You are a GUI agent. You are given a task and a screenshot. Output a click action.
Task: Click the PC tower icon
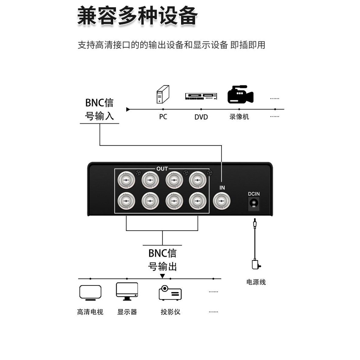click(162, 95)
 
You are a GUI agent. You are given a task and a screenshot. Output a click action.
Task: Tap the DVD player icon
click(201, 96)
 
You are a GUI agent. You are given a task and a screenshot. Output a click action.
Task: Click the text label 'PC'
click(163, 117)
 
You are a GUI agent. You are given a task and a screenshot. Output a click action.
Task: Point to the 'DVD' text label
click(201, 117)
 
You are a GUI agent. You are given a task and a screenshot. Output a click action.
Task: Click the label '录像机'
click(239, 117)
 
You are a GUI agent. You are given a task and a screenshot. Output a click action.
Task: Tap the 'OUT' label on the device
click(162, 169)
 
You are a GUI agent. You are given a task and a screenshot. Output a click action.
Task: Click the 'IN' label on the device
click(222, 188)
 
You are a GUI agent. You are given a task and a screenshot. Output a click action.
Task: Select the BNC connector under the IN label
click(222, 201)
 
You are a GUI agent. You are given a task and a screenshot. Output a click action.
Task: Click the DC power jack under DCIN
click(254, 204)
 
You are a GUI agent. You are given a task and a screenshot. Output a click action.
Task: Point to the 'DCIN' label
click(254, 194)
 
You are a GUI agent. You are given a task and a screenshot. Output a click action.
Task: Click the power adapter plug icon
click(256, 264)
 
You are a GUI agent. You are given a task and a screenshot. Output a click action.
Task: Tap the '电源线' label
click(256, 282)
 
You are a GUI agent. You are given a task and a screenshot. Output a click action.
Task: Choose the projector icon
click(170, 293)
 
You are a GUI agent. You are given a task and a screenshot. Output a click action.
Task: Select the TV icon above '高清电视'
click(90, 293)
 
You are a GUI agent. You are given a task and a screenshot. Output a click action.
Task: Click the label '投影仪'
click(171, 312)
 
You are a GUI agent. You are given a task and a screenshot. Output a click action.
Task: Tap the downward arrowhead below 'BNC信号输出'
click(162, 276)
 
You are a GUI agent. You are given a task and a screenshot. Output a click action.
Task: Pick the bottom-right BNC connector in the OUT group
click(198, 201)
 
